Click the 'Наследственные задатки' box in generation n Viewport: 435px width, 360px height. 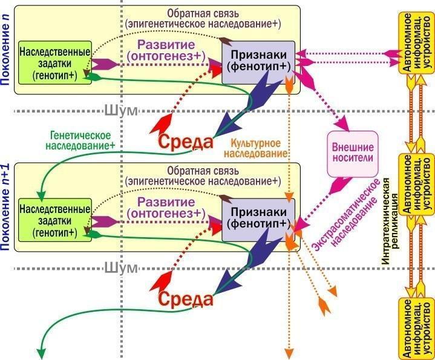click(x=54, y=62)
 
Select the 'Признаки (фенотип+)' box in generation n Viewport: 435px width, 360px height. click(x=258, y=62)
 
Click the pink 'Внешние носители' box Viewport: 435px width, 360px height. click(x=353, y=154)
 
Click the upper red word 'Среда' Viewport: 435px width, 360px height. click(x=186, y=142)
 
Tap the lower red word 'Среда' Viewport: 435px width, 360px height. click(x=186, y=299)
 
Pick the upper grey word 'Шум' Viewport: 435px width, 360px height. click(x=120, y=111)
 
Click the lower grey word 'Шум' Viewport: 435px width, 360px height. click(x=120, y=268)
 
